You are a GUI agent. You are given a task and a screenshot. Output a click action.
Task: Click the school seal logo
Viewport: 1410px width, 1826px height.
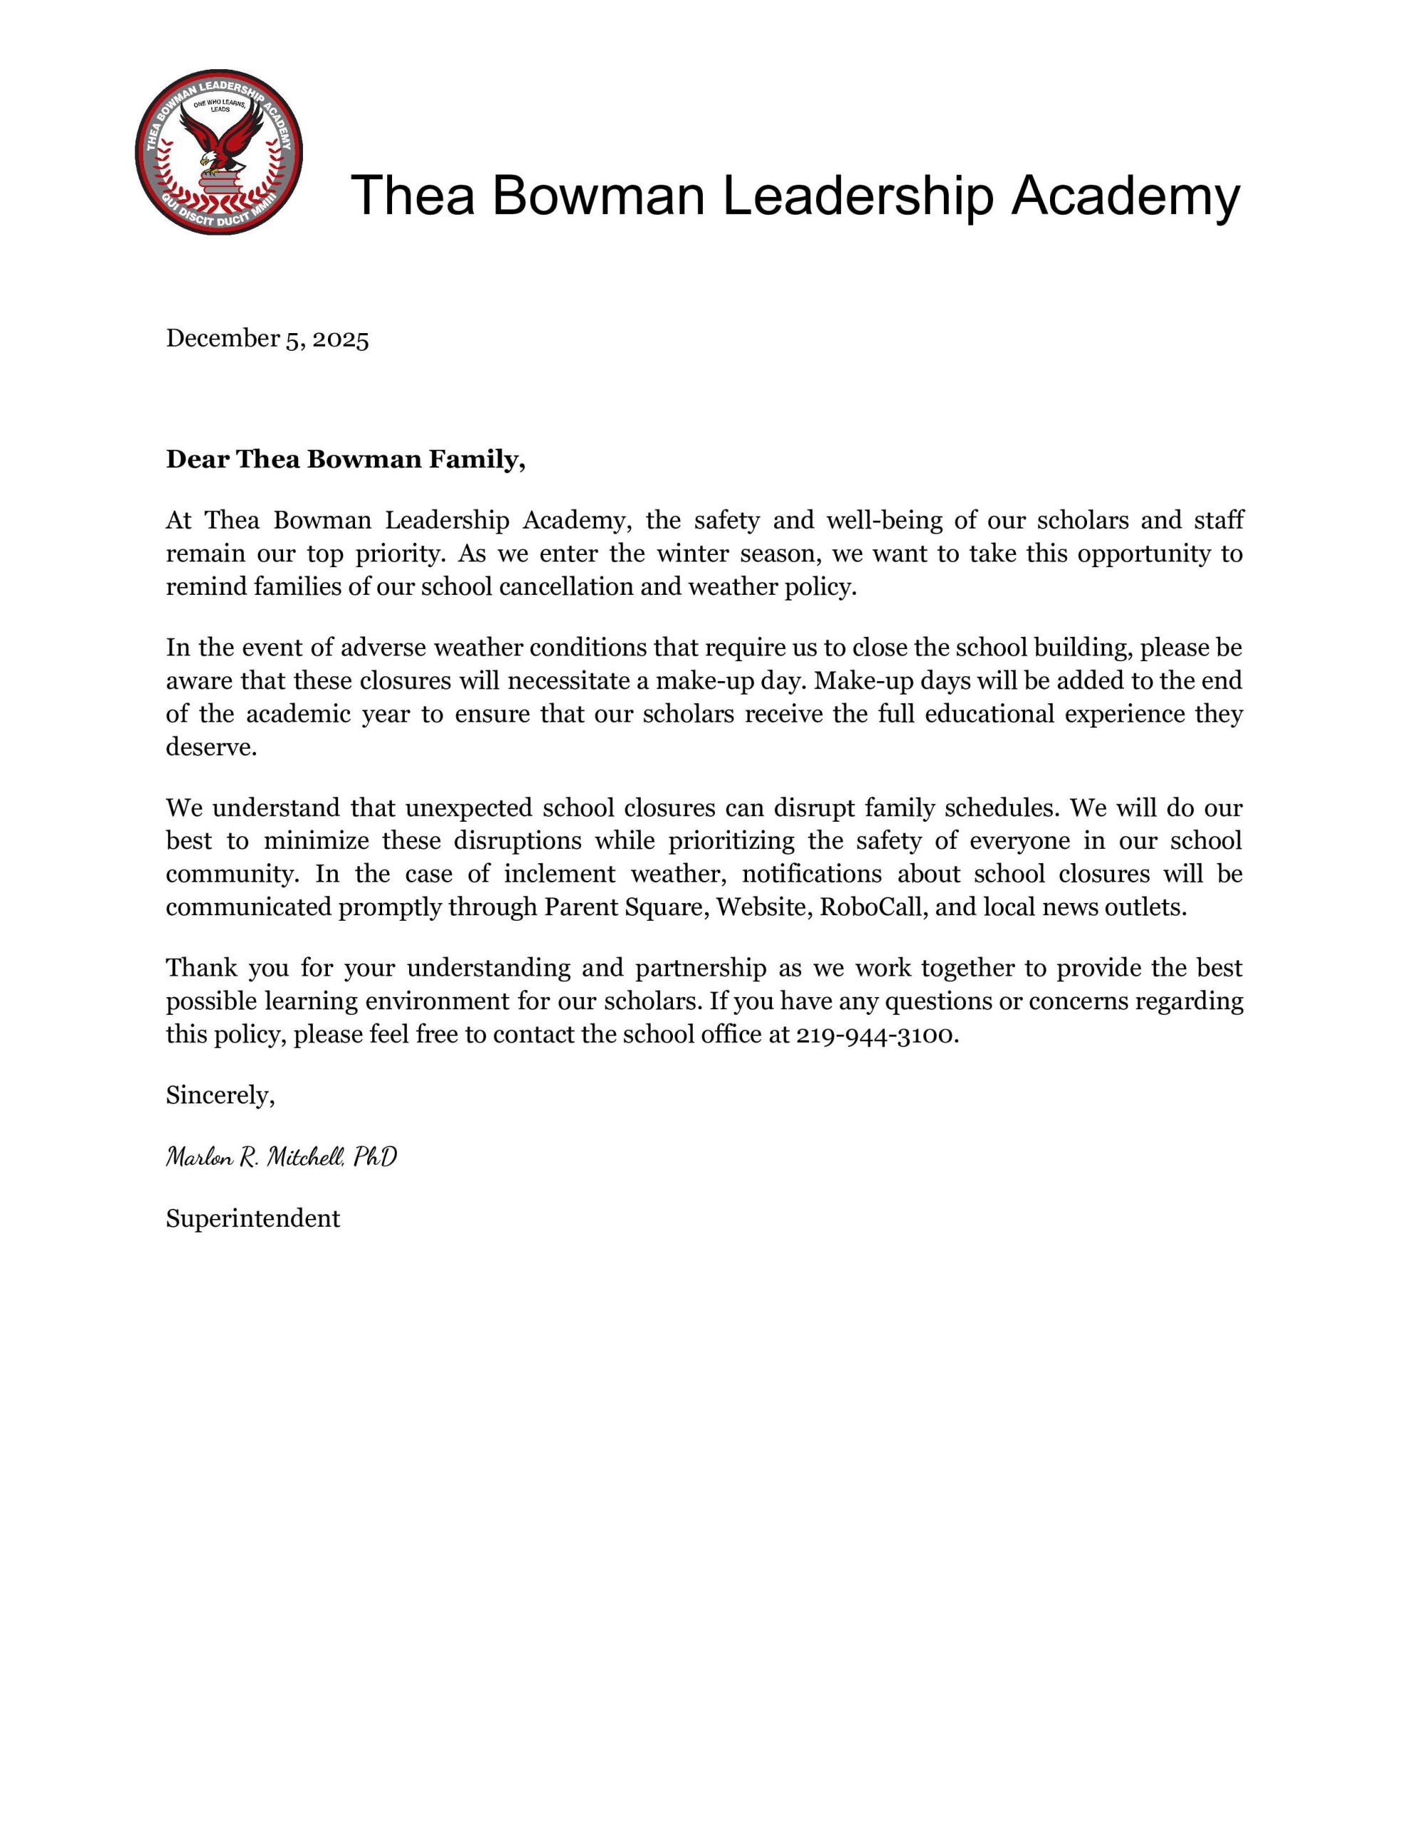(x=219, y=151)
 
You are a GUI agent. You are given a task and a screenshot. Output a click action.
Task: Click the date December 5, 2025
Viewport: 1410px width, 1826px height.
(x=267, y=339)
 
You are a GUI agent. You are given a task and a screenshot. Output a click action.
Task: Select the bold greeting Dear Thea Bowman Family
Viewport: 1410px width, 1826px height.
(x=345, y=459)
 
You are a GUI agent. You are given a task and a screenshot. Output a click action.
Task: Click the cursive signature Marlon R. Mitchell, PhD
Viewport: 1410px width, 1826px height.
(x=282, y=1156)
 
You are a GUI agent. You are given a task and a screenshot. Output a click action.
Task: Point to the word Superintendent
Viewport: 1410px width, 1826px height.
(x=252, y=1218)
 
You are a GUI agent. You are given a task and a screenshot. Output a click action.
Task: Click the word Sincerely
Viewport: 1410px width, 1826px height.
(x=220, y=1096)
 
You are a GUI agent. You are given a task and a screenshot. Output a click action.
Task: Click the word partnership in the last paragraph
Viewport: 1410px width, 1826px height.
(x=701, y=968)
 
